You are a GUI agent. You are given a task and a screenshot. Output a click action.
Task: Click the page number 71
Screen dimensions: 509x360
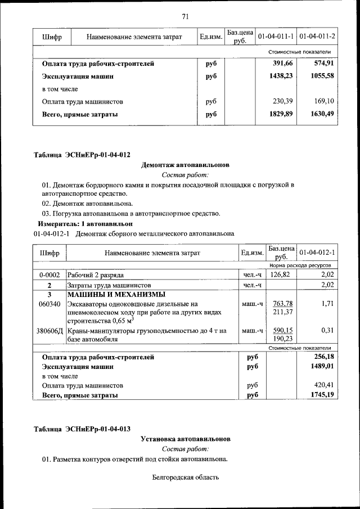pyautogui.click(x=184, y=16)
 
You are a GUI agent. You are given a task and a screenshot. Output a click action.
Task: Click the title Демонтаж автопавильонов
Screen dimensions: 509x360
pyautogui.click(x=184, y=165)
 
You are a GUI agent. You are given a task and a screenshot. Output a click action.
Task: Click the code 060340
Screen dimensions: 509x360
pyautogui.click(x=49, y=304)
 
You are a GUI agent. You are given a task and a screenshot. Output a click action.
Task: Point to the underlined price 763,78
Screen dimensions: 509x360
pyautogui.click(x=281, y=304)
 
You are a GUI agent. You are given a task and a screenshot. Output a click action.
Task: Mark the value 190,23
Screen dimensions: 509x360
pyautogui.click(x=281, y=340)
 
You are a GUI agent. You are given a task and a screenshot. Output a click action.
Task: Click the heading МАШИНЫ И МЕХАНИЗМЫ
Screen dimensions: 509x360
pyautogui.click(x=116, y=294)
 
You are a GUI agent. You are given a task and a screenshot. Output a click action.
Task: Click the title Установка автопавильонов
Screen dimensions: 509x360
pyautogui.click(x=185, y=439)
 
